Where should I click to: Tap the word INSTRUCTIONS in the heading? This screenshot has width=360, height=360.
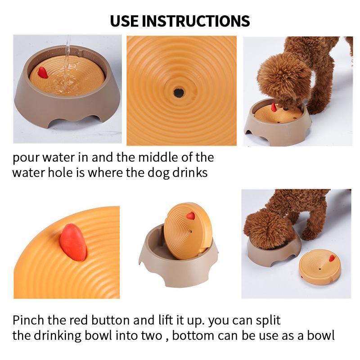click(198, 21)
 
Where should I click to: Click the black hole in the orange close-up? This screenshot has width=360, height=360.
click(179, 93)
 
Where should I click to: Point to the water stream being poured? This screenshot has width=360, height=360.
click(68, 58)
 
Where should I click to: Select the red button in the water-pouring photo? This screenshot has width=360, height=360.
click(43, 72)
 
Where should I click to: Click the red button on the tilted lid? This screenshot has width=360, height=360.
click(191, 216)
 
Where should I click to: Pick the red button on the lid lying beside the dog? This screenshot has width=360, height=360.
click(332, 258)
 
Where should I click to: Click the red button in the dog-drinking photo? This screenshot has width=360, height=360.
click(274, 108)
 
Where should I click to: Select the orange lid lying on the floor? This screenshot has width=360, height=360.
click(320, 267)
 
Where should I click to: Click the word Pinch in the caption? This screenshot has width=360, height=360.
click(28, 321)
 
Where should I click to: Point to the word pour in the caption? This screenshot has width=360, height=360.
click(26, 159)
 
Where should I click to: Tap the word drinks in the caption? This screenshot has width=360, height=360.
click(190, 173)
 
